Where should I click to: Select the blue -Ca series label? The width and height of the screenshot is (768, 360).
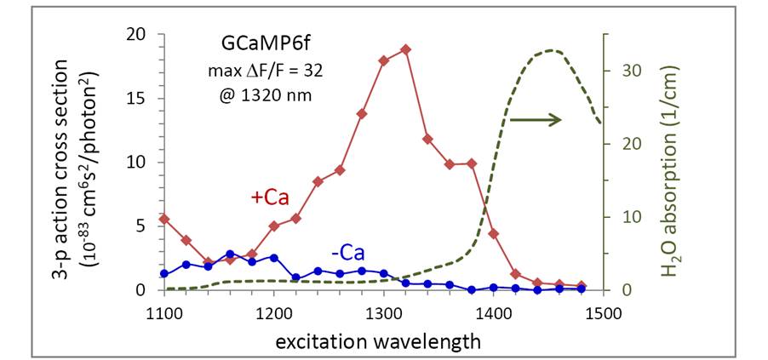point(349,254)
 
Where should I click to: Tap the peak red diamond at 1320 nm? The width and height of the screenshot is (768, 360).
point(405,49)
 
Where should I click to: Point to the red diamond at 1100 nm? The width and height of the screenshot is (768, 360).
point(164,219)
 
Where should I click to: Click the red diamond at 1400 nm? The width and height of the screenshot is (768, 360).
point(493,233)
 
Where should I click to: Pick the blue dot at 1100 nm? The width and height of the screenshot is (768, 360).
point(164,273)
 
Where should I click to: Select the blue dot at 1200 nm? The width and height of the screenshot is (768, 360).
point(274,257)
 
